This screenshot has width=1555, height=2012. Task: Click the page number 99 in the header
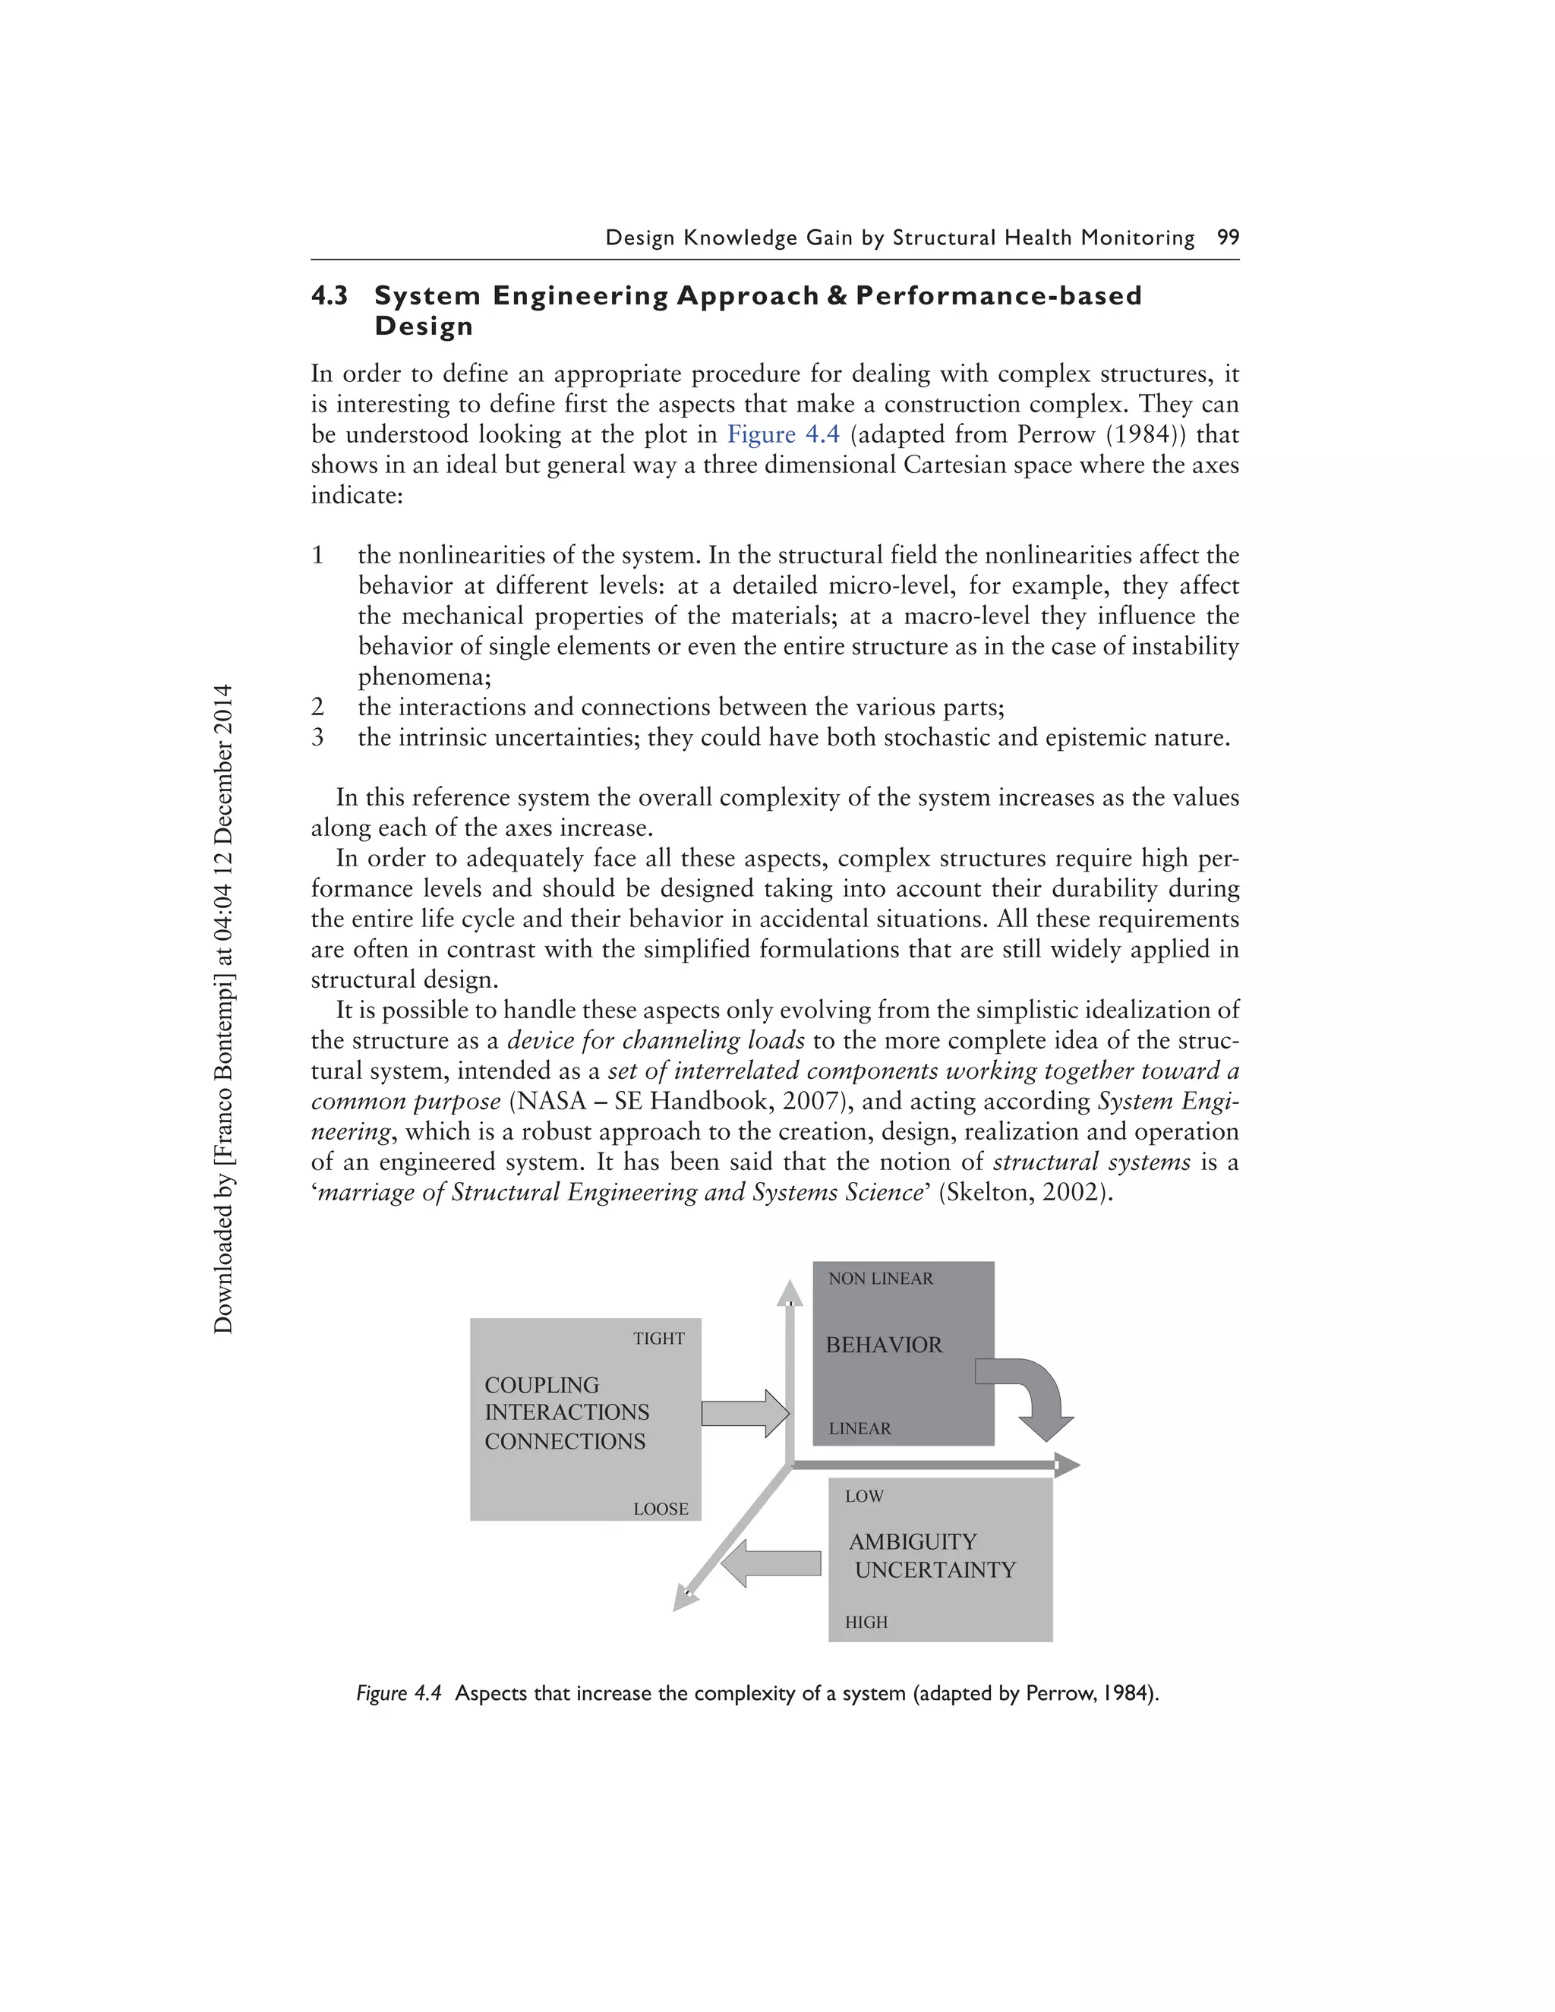[x=1228, y=238]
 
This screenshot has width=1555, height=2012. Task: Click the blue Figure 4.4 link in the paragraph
[x=783, y=435]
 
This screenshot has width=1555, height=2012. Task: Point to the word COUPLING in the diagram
[x=541, y=1386]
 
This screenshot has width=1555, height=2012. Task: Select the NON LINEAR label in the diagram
[x=881, y=1279]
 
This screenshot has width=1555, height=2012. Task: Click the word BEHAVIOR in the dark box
[x=884, y=1345]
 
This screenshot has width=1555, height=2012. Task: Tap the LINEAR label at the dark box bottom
[x=860, y=1429]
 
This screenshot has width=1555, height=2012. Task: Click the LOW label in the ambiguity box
[x=864, y=1496]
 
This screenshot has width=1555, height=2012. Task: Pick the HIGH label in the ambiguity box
[x=866, y=1623]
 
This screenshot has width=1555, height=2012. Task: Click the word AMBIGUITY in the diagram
[x=913, y=1542]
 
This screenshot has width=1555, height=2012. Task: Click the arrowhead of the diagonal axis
[x=683, y=1598]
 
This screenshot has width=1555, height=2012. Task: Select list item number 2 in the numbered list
[x=318, y=708]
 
